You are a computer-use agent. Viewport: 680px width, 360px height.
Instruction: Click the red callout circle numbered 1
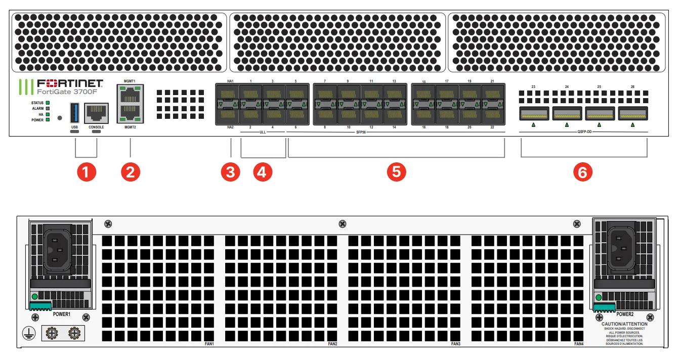[x=86, y=172]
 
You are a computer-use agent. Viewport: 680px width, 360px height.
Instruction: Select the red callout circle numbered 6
[x=583, y=172]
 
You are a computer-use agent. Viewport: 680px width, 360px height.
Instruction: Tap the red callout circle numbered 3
[x=231, y=172]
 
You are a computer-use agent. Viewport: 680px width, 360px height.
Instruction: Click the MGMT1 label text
[x=130, y=81]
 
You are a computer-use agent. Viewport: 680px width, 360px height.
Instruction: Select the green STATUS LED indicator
[x=48, y=103]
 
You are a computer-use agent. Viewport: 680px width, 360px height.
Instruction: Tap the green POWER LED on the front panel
[x=48, y=120]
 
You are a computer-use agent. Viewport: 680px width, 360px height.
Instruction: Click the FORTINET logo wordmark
[x=70, y=83]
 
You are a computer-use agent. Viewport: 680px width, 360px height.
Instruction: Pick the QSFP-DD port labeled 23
[x=534, y=113]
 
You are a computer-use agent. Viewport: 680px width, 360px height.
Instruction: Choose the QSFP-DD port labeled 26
[x=633, y=113]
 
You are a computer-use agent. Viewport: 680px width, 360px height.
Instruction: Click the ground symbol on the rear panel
[x=29, y=333]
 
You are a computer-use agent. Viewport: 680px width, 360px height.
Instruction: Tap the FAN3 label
[x=455, y=344]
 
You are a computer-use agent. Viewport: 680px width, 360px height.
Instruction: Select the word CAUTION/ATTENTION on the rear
[x=624, y=324]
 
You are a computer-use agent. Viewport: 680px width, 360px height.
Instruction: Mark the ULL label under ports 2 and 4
[x=263, y=133]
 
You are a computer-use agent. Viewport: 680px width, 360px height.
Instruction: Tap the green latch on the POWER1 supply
[x=40, y=306]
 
